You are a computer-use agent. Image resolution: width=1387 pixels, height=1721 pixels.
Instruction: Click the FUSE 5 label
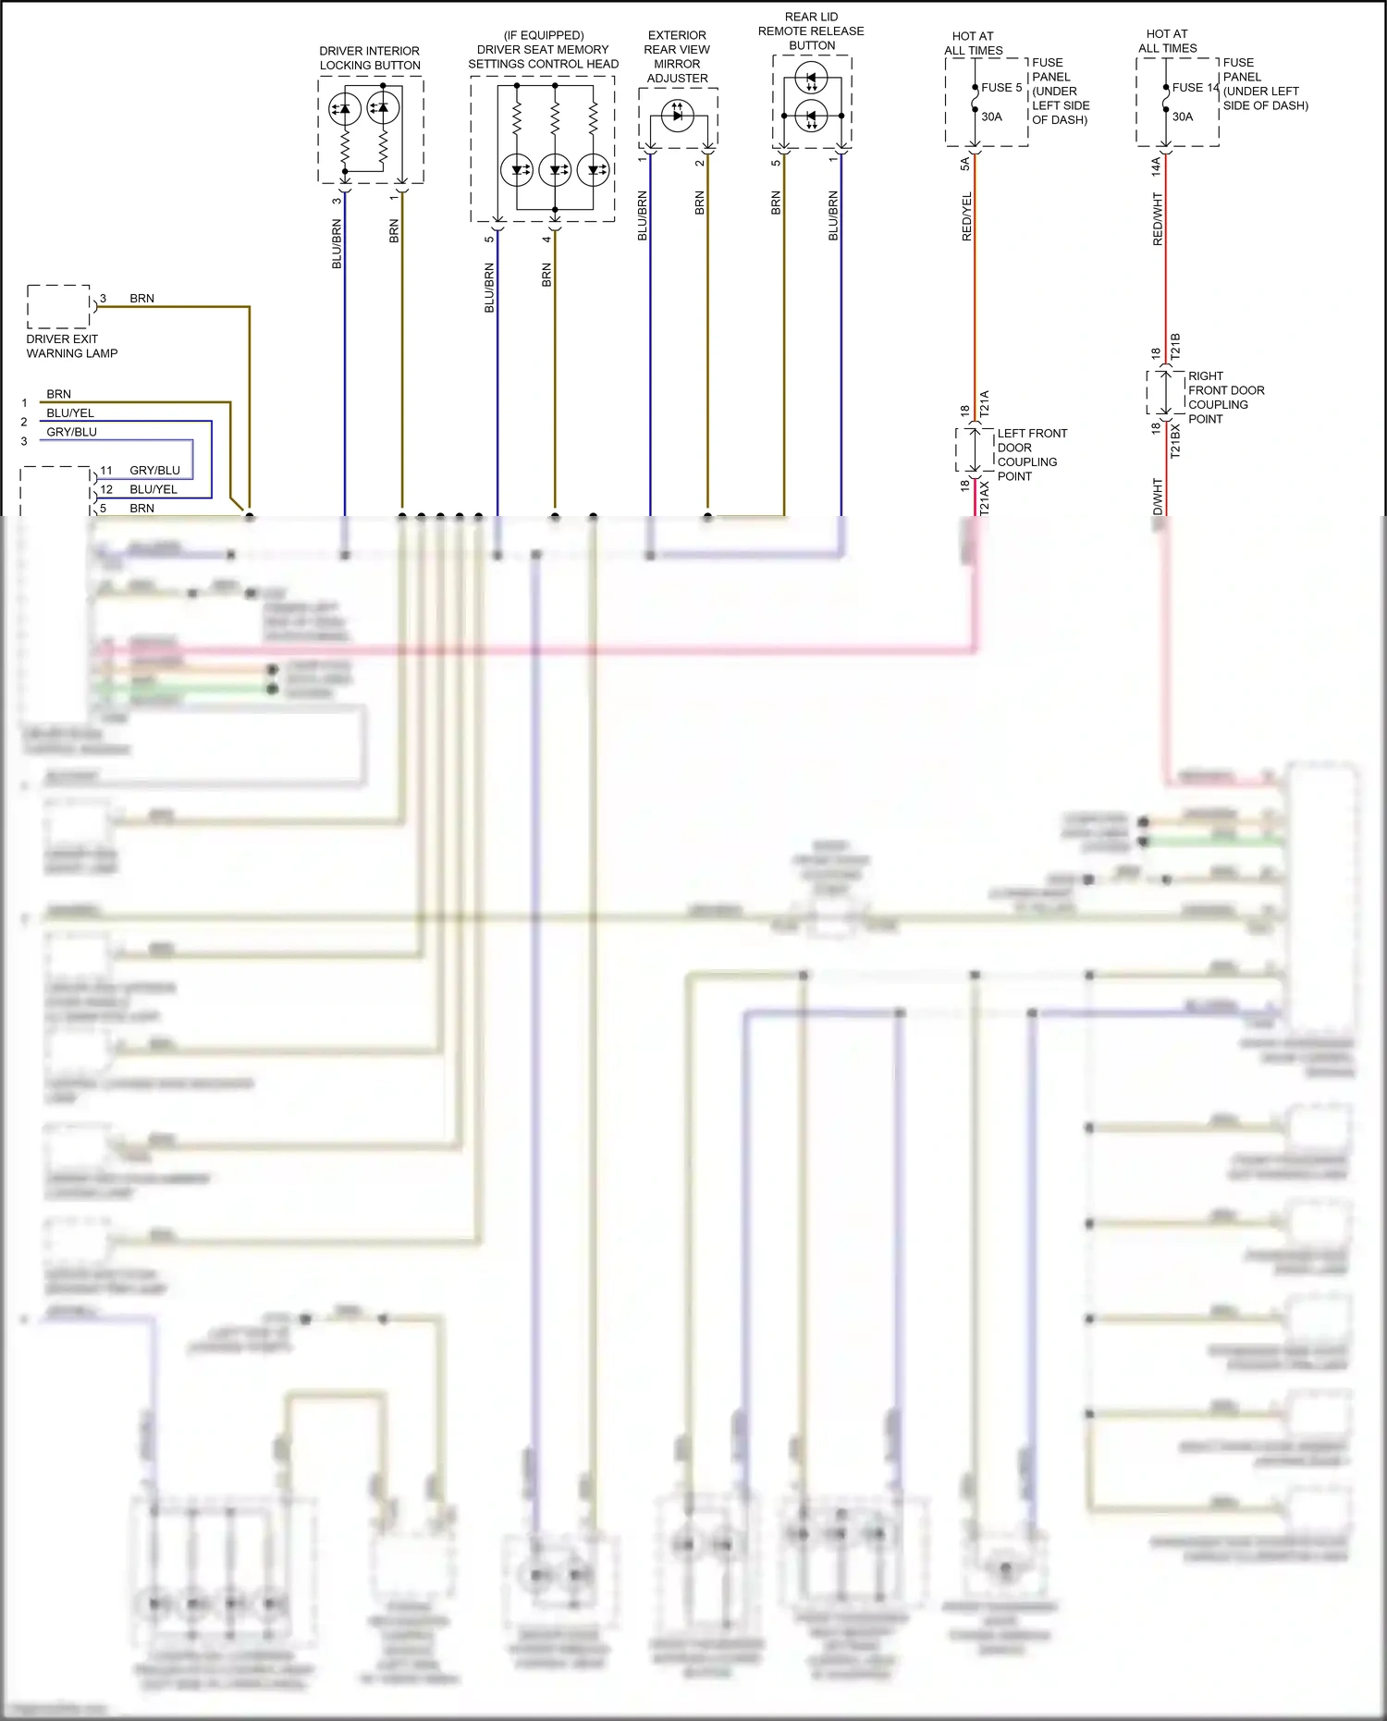[x=1001, y=88]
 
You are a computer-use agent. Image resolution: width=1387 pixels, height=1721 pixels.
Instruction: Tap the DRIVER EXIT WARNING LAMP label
[x=71, y=346]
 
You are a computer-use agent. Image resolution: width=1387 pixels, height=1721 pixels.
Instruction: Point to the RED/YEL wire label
[x=967, y=217]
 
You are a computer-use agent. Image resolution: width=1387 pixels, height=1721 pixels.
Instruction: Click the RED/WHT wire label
[x=1158, y=219]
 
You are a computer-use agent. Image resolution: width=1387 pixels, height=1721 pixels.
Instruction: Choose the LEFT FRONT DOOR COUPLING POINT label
[x=1031, y=454]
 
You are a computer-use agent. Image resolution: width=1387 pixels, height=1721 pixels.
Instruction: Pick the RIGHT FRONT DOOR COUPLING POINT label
[x=1225, y=398]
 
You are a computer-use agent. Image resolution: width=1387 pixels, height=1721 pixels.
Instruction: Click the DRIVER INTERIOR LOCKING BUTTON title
[x=370, y=58]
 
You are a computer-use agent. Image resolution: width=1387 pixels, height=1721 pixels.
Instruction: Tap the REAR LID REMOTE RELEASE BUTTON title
[x=811, y=31]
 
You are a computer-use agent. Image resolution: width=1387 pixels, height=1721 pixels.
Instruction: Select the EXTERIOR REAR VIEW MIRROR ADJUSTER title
[x=677, y=56]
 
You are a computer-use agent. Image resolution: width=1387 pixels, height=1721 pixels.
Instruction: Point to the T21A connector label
[x=985, y=402]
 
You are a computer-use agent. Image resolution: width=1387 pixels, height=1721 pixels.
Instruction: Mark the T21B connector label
[x=1175, y=346]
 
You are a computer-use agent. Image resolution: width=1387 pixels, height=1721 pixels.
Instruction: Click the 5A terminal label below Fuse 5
[x=965, y=164]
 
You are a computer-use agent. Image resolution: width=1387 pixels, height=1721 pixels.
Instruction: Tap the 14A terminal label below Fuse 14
[x=1156, y=166]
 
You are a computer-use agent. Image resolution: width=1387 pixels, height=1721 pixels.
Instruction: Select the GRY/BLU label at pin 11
[x=154, y=471]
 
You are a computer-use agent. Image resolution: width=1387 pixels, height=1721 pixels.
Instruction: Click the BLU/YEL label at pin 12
[x=153, y=490]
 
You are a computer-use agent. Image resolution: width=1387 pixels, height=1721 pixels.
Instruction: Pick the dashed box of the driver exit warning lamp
[x=58, y=307]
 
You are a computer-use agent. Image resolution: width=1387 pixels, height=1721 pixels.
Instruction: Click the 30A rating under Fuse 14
[x=1183, y=117]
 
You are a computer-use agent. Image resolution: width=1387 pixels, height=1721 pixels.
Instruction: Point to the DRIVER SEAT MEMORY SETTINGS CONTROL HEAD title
[x=543, y=50]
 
